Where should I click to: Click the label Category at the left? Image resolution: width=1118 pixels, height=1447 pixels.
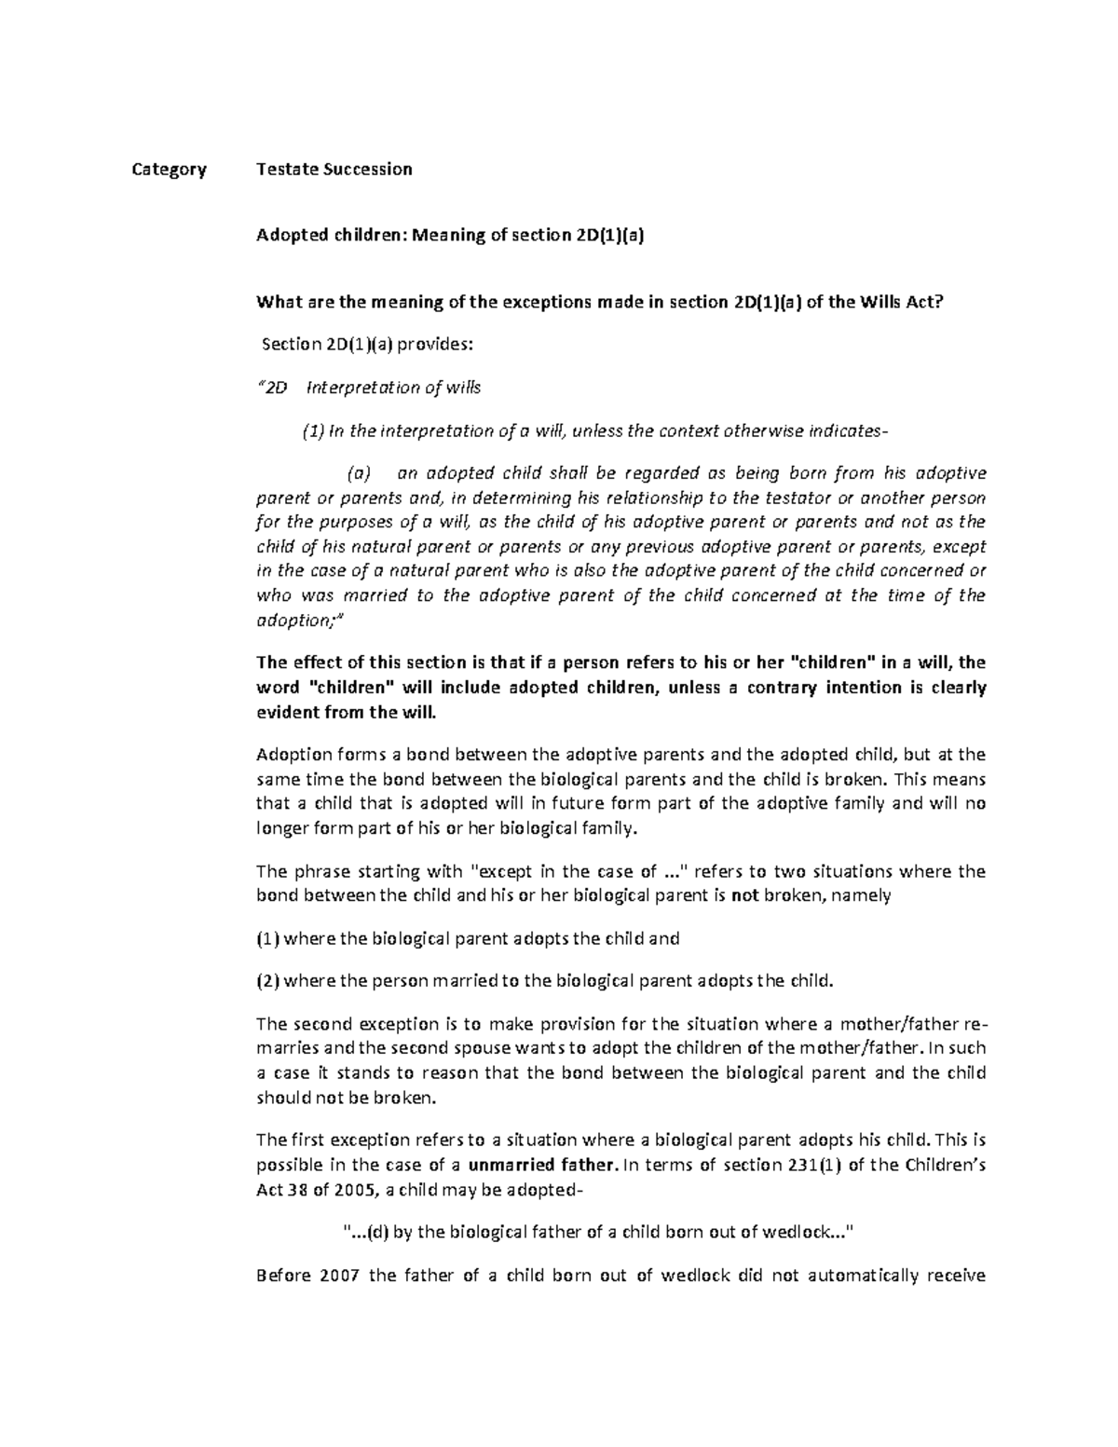tap(169, 170)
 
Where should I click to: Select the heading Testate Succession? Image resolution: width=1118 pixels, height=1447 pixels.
tap(334, 170)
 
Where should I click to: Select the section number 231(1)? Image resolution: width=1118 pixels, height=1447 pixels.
tap(816, 1165)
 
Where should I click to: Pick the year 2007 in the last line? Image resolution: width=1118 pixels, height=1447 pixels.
tap(339, 1276)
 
